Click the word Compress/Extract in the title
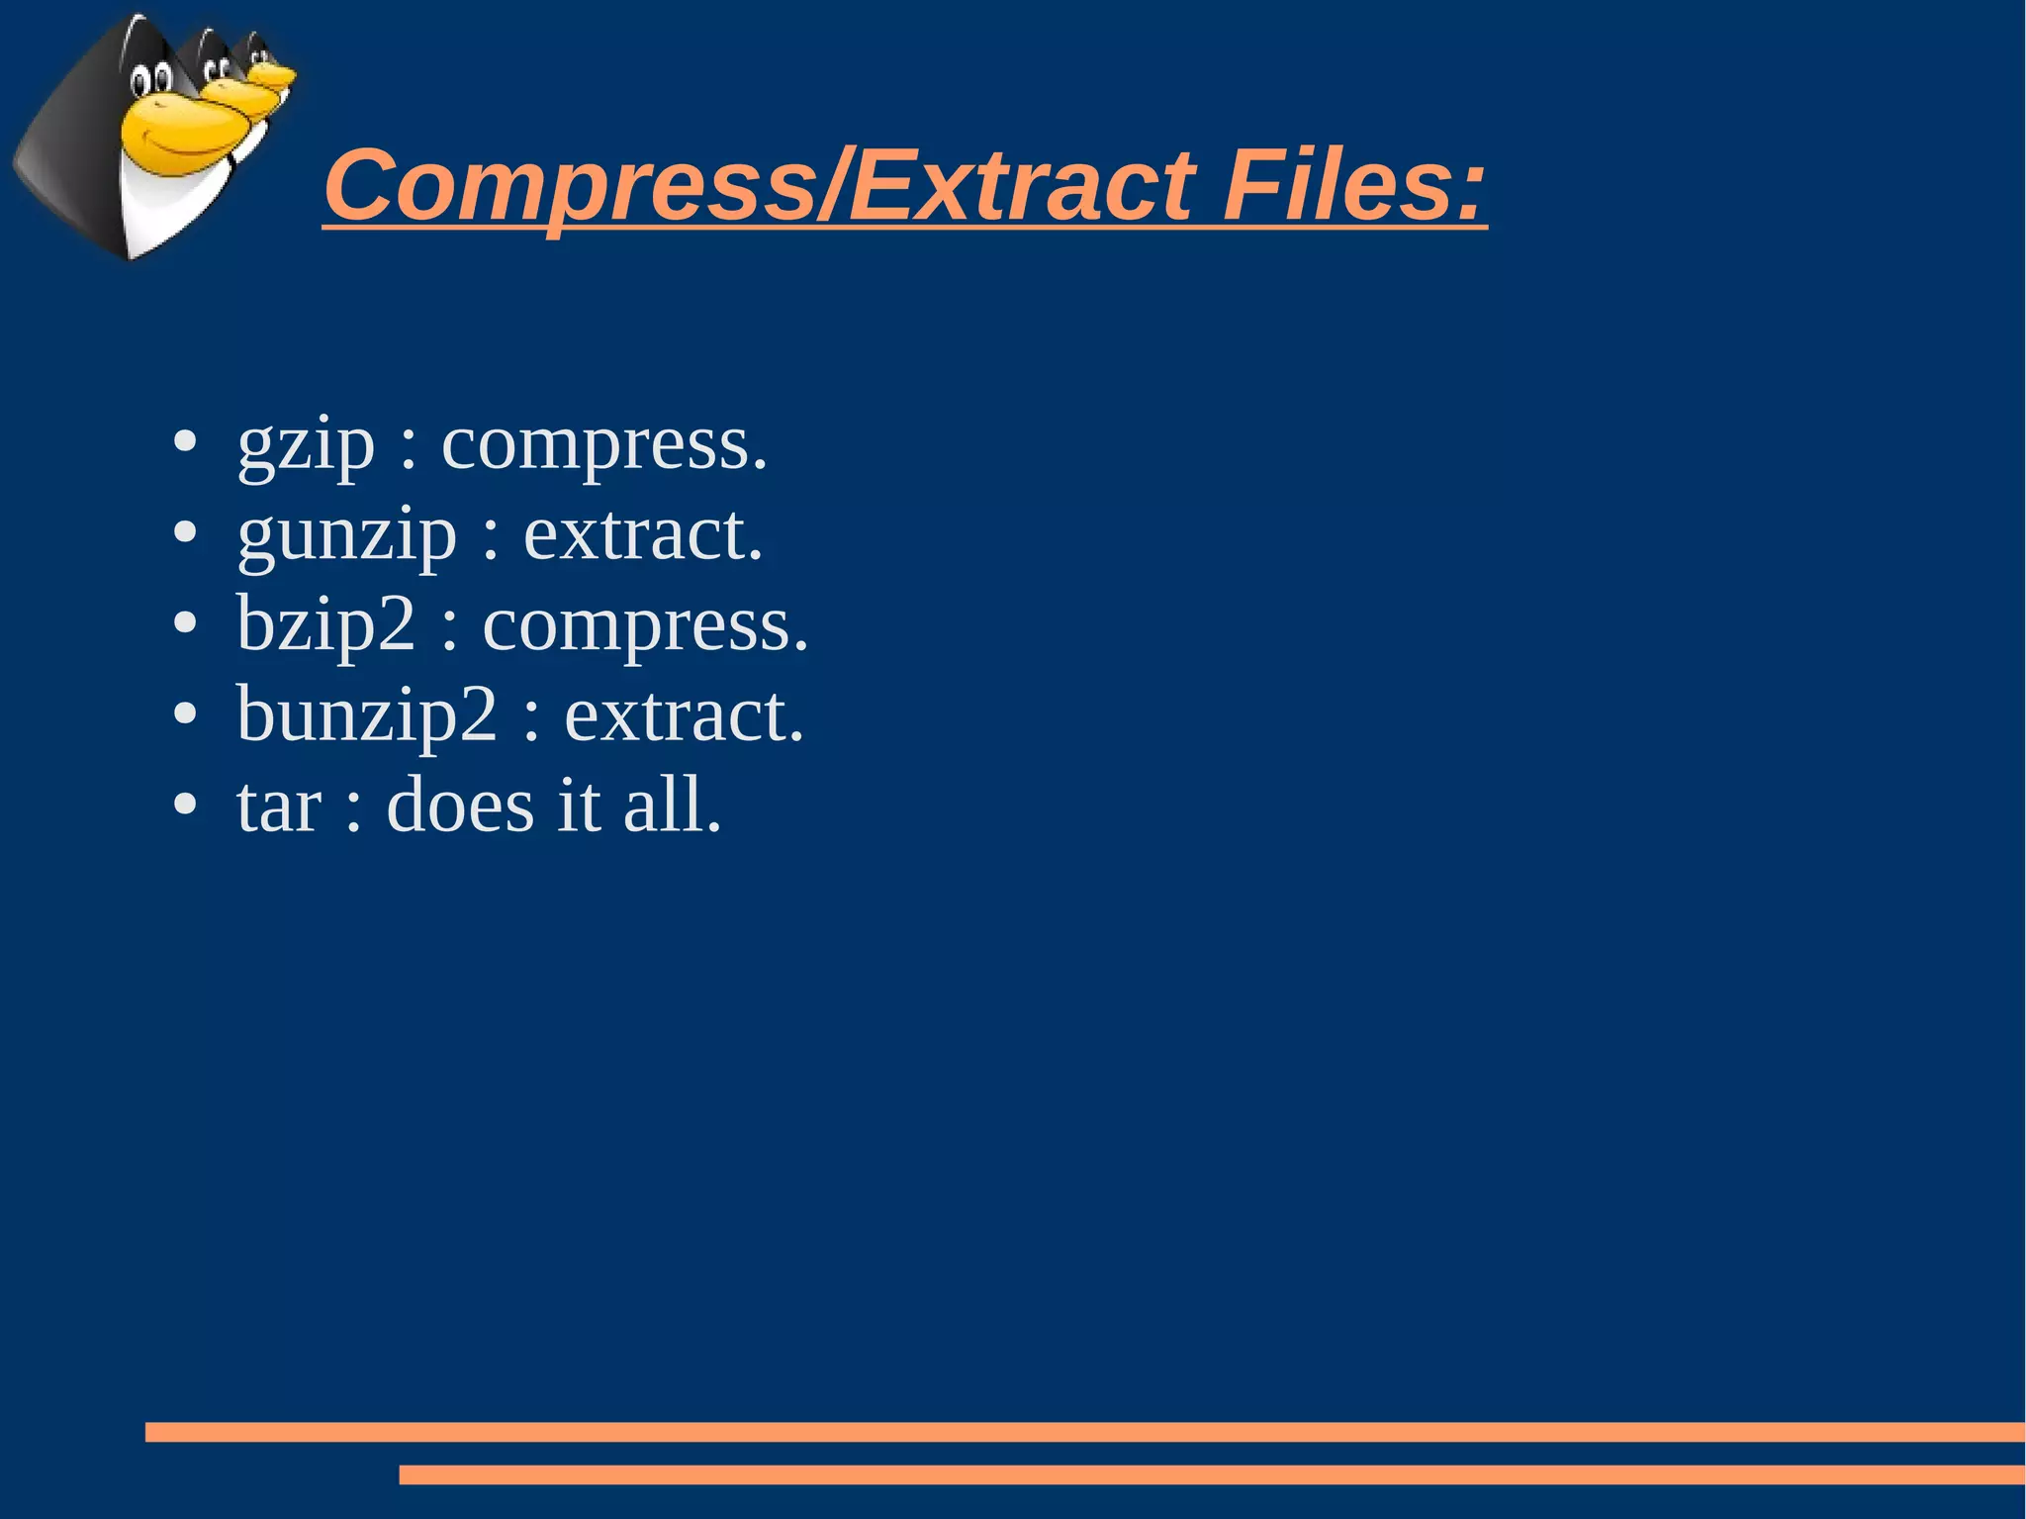[758, 187]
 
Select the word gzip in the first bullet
[306, 445]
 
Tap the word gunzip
[346, 535]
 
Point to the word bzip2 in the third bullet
[325, 625]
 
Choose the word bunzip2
[366, 715]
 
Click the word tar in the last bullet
[278, 807]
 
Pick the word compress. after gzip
[603, 445]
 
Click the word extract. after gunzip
[643, 535]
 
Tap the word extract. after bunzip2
[684, 715]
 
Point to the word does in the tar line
[460, 806]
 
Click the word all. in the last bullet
[672, 806]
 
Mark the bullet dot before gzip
[185, 442]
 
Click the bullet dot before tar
[185, 804]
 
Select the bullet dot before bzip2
[185, 623]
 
